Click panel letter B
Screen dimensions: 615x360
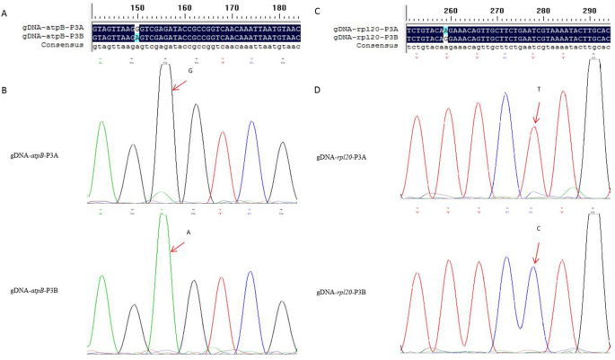[x=7, y=92]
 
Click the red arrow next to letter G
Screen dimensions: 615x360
[x=180, y=84]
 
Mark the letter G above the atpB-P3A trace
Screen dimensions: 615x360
[x=190, y=69]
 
